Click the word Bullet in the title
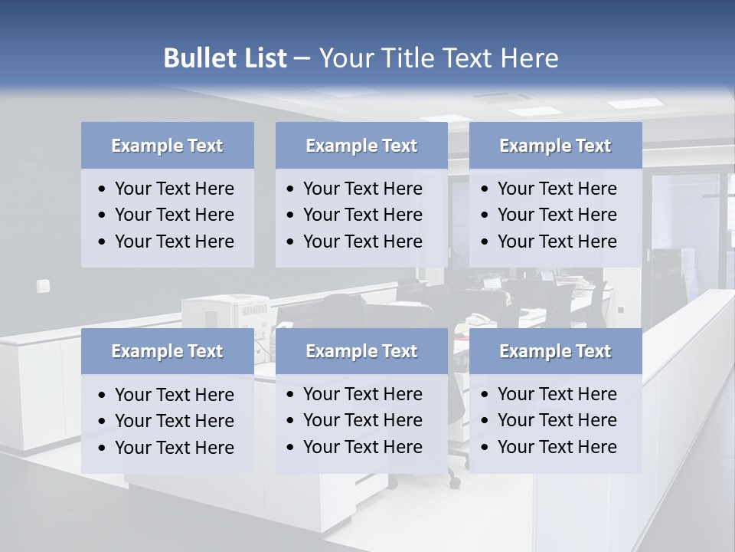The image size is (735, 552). (x=199, y=58)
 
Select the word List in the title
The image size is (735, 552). (x=264, y=58)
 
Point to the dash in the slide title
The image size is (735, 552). (x=302, y=58)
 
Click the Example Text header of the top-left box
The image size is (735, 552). (x=167, y=146)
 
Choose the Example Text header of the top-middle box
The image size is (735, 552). (x=361, y=146)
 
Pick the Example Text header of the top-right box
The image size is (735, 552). (x=555, y=146)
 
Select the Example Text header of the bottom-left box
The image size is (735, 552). (x=167, y=351)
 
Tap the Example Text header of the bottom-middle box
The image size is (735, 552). (x=361, y=351)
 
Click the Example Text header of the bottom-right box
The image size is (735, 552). (x=555, y=351)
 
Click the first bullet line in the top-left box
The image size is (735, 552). (x=174, y=189)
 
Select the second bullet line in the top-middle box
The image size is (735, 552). (x=362, y=215)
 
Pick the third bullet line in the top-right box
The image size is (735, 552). (x=557, y=242)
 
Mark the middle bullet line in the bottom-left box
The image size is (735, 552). (x=174, y=421)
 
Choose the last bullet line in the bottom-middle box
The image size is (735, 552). (x=362, y=447)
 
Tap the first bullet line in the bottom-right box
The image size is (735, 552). (x=557, y=394)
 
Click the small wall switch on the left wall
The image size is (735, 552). (x=43, y=286)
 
